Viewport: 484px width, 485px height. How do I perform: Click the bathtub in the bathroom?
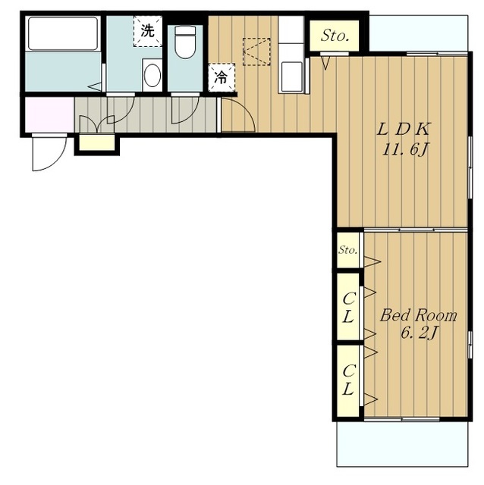coord(63,33)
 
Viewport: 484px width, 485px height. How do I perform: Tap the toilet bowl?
coord(185,42)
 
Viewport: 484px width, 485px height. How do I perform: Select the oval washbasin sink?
coord(152,76)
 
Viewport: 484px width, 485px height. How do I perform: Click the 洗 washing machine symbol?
coord(147,31)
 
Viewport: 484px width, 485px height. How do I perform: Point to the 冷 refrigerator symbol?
coord(221,77)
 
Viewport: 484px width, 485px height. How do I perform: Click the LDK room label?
coord(404,130)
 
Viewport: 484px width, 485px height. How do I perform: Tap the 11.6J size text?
coord(405,150)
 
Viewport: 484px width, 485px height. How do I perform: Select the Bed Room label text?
coord(418,315)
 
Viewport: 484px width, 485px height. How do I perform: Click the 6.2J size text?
coord(419,333)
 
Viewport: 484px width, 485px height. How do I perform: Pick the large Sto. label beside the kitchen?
coord(335,36)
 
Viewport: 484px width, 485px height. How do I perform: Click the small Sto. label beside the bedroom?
coord(347,249)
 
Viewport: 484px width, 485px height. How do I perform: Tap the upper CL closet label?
coord(348,308)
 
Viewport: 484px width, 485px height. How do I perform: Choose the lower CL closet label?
coord(348,380)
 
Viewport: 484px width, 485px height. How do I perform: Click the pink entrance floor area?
coord(49,114)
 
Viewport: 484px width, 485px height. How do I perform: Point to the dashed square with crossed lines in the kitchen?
coord(256,52)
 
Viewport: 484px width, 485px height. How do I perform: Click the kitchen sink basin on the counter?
coord(291,76)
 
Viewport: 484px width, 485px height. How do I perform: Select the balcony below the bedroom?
coord(402,444)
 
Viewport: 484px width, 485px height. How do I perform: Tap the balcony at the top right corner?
coord(419,33)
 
